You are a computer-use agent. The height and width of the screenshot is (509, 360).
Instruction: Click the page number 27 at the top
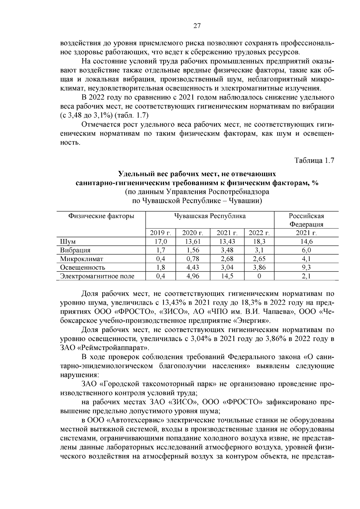tap(197, 26)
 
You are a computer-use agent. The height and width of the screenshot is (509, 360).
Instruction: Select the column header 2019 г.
tap(160, 233)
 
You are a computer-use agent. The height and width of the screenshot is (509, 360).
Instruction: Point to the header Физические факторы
tap(101, 216)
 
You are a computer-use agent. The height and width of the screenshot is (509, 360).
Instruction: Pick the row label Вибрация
tap(75, 250)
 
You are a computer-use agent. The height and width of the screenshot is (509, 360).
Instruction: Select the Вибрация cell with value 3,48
tap(227, 250)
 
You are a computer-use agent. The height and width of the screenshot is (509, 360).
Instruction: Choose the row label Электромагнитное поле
tap(97, 276)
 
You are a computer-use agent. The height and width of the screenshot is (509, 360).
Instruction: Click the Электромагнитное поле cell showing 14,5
tap(227, 276)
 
